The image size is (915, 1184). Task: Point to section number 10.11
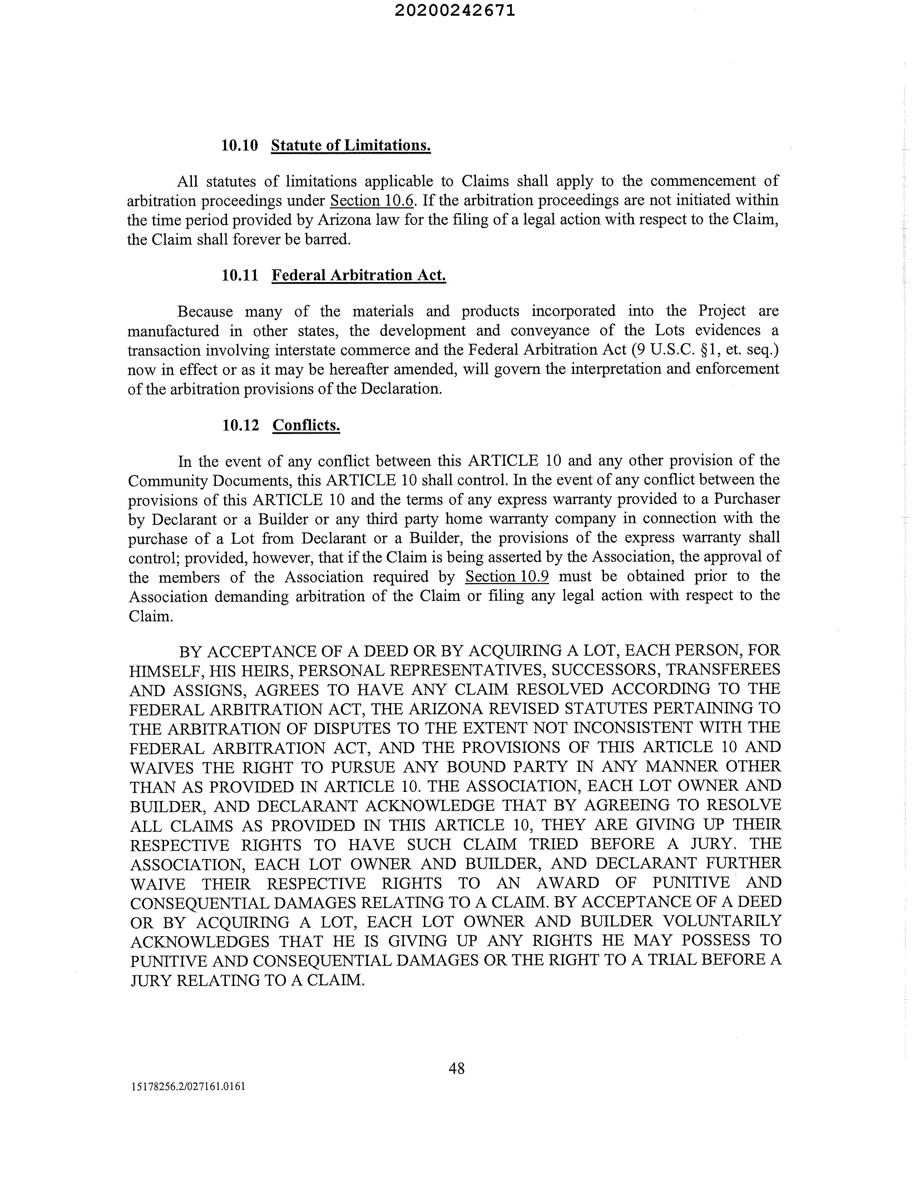pyautogui.click(x=239, y=275)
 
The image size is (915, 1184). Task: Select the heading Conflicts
pyautogui.click(x=306, y=425)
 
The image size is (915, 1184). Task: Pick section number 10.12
pyautogui.click(x=240, y=425)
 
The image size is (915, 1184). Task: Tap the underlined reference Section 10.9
pyautogui.click(x=507, y=576)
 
